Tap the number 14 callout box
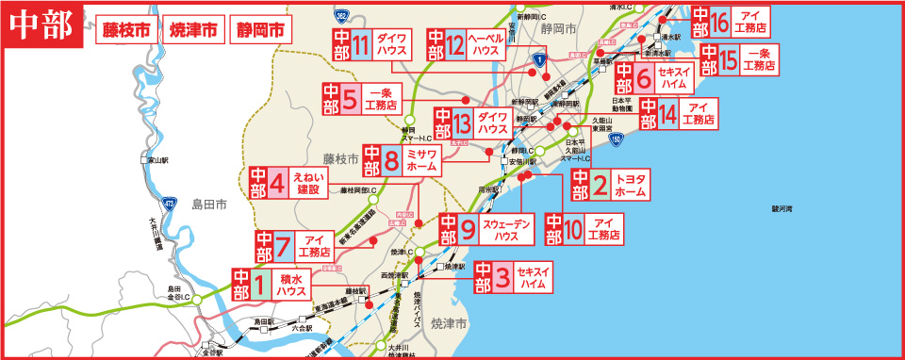[666, 114]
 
